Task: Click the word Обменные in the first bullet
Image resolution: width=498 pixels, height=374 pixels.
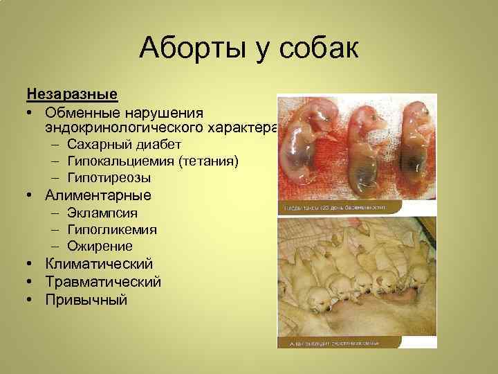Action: (83, 112)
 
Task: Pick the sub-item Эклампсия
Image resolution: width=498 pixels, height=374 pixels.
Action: (102, 213)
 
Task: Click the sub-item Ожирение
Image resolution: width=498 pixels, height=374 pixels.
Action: (100, 246)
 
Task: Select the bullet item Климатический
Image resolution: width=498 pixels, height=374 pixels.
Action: (99, 264)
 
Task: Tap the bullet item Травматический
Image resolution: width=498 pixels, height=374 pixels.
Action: (103, 282)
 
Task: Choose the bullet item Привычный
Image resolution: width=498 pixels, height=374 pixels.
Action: (86, 300)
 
